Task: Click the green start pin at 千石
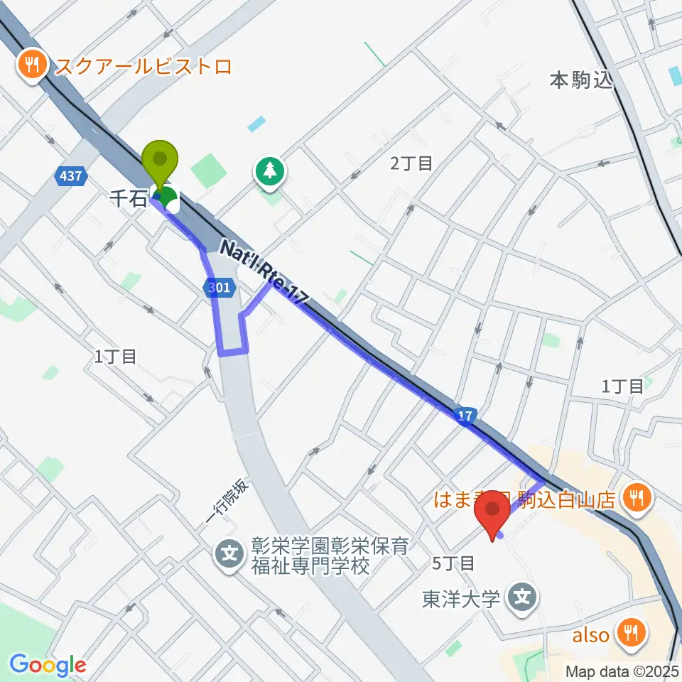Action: point(161,163)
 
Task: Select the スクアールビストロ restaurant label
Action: point(144,67)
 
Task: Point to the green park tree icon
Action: point(270,170)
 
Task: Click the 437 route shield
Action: point(70,175)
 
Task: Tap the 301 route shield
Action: point(217,288)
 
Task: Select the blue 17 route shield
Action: point(463,415)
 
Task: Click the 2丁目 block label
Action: point(411,163)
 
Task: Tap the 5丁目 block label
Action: point(453,563)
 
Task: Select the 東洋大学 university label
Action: point(461,599)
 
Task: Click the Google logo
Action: point(48,665)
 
